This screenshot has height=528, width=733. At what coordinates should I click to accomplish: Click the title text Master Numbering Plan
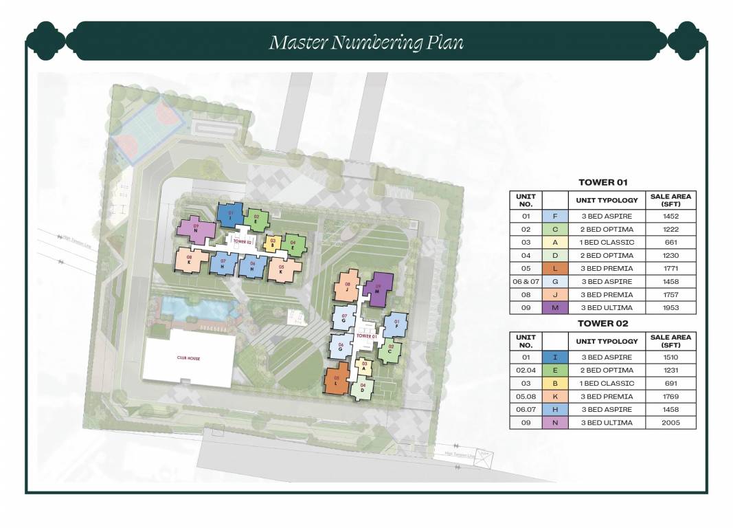(366, 43)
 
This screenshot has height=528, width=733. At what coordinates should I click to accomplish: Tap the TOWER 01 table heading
(602, 182)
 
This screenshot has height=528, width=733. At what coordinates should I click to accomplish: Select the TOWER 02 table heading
(602, 323)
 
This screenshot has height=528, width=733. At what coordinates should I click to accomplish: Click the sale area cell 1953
(670, 308)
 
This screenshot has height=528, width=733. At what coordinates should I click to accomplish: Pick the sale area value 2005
(670, 423)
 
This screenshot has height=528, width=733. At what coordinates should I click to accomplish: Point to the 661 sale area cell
(670, 242)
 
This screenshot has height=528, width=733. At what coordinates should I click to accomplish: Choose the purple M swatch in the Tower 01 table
(554, 308)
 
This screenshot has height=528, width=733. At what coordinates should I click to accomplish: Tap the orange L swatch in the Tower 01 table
(554, 268)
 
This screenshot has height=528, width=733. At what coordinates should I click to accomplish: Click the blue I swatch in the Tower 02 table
(554, 357)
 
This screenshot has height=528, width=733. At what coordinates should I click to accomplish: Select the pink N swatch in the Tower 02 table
(554, 423)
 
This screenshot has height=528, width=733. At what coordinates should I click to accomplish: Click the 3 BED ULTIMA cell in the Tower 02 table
(606, 423)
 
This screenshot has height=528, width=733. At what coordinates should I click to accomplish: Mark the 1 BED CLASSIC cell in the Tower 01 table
(606, 242)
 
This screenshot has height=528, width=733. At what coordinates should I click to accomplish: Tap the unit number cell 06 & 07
(526, 281)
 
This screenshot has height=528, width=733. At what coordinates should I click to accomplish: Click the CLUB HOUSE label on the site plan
(188, 358)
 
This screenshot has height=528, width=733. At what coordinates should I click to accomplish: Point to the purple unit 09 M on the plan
(378, 291)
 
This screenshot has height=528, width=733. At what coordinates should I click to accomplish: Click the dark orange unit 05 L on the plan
(337, 379)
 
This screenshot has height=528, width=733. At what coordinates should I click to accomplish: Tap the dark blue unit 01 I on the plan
(230, 214)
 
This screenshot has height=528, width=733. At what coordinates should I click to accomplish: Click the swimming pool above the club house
(196, 311)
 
